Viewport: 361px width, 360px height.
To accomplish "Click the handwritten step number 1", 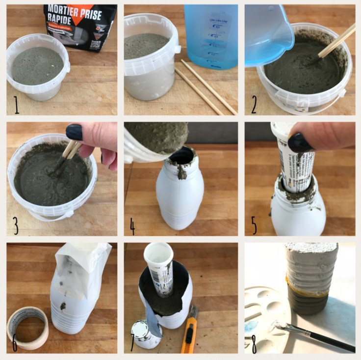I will [x=16, y=104].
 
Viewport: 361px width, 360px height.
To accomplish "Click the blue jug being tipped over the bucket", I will [x=267, y=34].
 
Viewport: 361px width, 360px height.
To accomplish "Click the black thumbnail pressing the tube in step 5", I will [x=299, y=142].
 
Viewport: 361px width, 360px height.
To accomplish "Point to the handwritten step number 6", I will [x=15, y=343].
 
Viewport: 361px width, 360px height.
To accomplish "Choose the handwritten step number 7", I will [x=132, y=343].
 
